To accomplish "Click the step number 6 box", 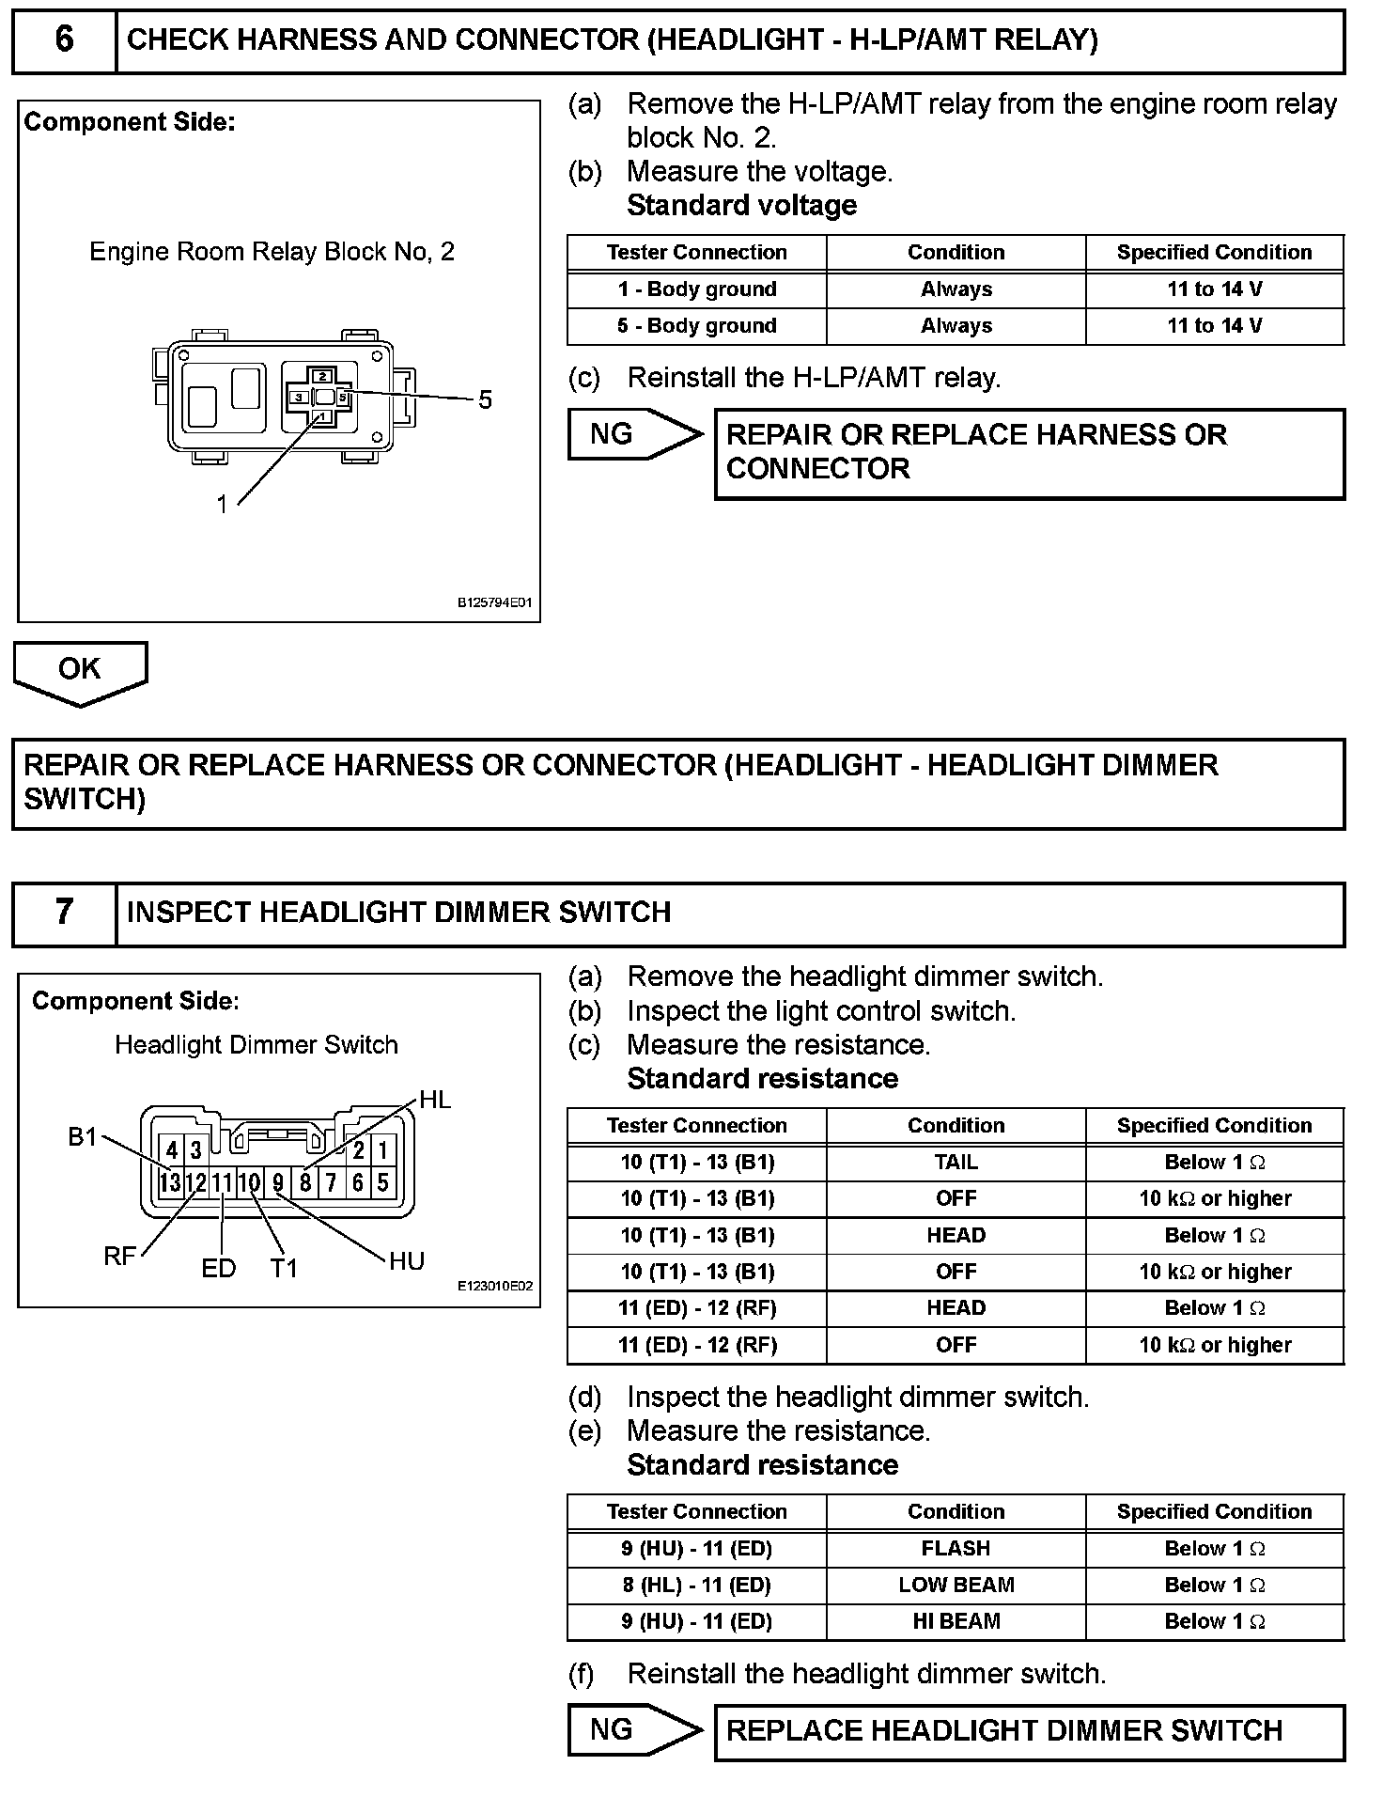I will (x=64, y=40).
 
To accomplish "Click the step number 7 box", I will (x=64, y=913).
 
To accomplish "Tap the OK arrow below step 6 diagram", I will (x=80, y=670).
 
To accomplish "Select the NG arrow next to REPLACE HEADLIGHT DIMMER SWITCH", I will (x=634, y=1730).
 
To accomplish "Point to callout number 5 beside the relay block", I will (x=485, y=400).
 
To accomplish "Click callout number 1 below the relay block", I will (x=223, y=505).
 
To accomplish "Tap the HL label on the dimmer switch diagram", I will (x=435, y=1100).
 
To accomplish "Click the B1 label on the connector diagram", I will (x=83, y=1137).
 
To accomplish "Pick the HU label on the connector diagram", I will (x=407, y=1261).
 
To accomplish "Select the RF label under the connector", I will (x=119, y=1257).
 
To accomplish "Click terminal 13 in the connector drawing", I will (x=170, y=1182).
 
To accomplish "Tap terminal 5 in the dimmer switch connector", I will (x=383, y=1182).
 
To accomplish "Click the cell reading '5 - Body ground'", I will (x=697, y=326).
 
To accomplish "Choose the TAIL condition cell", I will (x=956, y=1163).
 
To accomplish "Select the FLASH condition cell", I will (x=956, y=1549).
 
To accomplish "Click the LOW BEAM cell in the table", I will (x=956, y=1586).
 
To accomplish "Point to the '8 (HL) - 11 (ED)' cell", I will (x=697, y=1586).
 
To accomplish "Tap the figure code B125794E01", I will (x=494, y=602).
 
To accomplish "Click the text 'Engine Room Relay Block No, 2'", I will (x=272, y=252).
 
